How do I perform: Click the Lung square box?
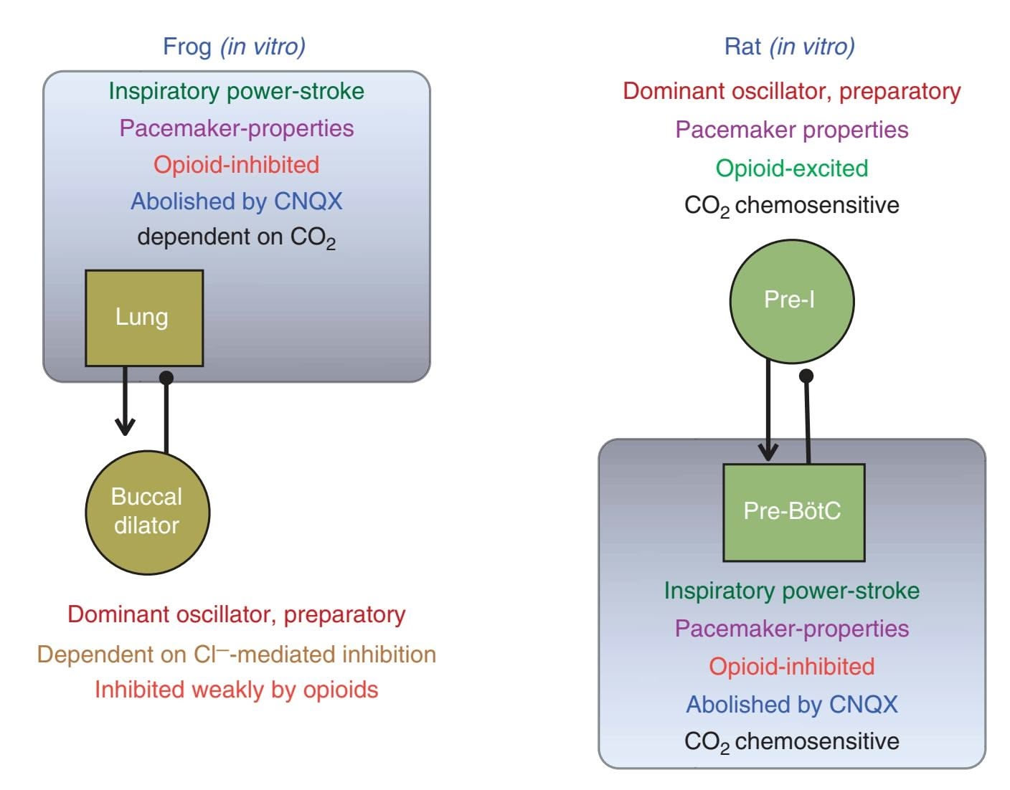pos(144,318)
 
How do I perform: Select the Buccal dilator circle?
pos(147,512)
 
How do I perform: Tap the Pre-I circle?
pos(791,300)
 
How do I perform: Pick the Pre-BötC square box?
pos(793,512)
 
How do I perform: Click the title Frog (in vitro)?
pos(234,47)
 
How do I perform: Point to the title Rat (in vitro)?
pos(789,47)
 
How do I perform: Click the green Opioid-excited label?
pos(792,168)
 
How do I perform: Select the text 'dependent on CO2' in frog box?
pos(236,237)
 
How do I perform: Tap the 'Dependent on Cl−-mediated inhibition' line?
pos(236,654)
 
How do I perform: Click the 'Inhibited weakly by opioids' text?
pos(236,690)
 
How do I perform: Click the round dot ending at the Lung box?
pos(166,378)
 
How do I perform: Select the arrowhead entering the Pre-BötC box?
pos(768,453)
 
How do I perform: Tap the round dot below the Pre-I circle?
pos(806,376)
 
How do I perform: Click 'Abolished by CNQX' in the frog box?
pos(236,201)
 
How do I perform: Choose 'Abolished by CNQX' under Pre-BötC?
pos(792,705)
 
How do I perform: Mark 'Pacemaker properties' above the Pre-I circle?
pos(792,130)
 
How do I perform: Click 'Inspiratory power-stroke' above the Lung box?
pos(236,91)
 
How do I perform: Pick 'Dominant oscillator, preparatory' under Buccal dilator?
pos(236,614)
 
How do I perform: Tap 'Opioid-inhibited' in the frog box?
pos(236,165)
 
